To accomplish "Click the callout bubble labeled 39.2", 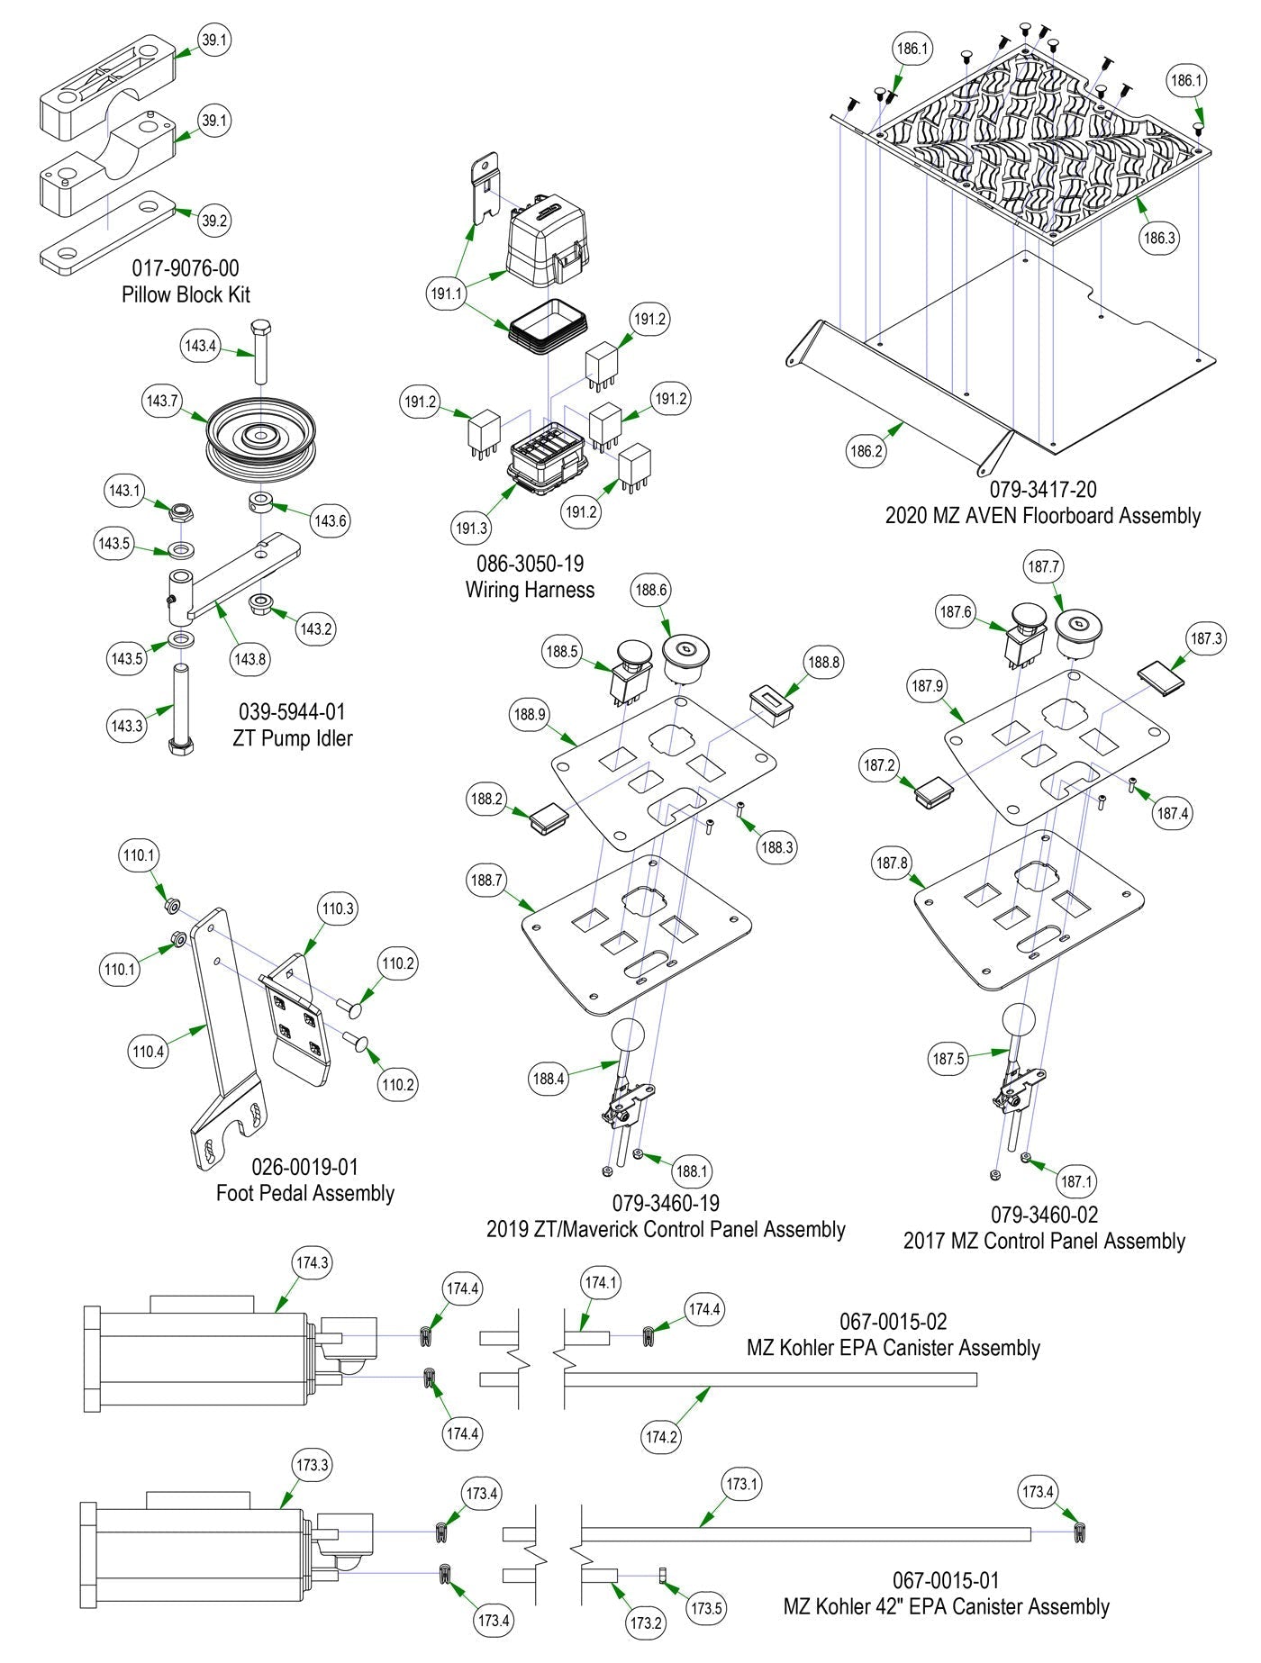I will pos(213,221).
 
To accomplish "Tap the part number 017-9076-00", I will pos(186,268).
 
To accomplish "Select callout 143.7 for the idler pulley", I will pos(162,401).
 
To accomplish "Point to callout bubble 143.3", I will pos(126,726).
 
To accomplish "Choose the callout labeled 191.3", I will pos(471,528).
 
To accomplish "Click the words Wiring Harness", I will pos(530,590).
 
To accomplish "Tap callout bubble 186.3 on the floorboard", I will pos(1159,239).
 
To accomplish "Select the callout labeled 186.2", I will pos(866,451).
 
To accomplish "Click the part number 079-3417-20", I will pos(1043,490).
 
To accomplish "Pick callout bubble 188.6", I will pos(650,590).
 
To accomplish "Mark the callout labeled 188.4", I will pos(549,1078).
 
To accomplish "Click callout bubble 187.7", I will pos(1043,567).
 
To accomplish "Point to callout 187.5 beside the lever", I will pos(949,1059).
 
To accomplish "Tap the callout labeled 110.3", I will pos(338,909).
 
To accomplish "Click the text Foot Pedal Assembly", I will pos(304,1193).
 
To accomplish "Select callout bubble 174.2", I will pos(660,1436).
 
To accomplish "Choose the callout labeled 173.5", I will pos(707,1606).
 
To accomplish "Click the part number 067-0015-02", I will pos(893,1322).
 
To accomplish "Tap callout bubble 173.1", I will pos(741,1484).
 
